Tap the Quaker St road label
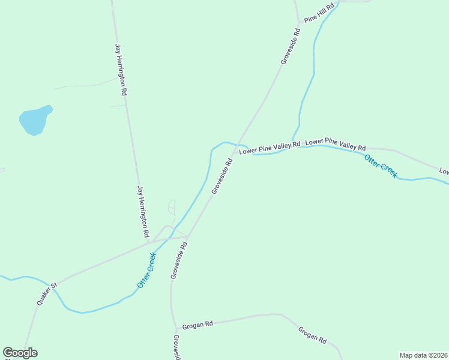46,294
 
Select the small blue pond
35,120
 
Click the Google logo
20,353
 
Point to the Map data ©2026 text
423,355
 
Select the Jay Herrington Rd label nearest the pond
121,70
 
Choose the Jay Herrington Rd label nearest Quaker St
143,211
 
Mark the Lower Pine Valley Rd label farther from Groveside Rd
336,145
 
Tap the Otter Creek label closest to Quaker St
146,269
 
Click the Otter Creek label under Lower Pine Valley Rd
381,166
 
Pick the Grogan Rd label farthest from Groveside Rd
313,335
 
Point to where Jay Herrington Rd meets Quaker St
149,242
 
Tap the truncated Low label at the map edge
444,172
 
